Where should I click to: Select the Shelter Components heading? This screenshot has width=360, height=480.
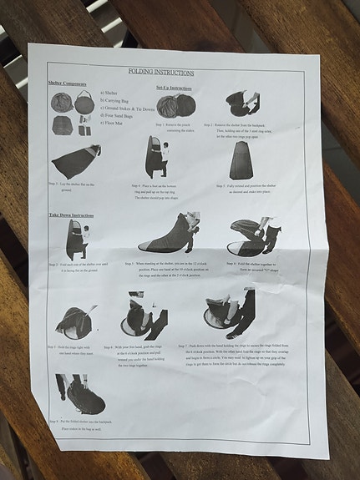pyautogui.click(x=68, y=84)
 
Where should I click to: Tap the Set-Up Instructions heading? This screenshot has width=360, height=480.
pyautogui.click(x=174, y=87)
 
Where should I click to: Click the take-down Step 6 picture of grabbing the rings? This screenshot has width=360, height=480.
pyautogui.click(x=144, y=316)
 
